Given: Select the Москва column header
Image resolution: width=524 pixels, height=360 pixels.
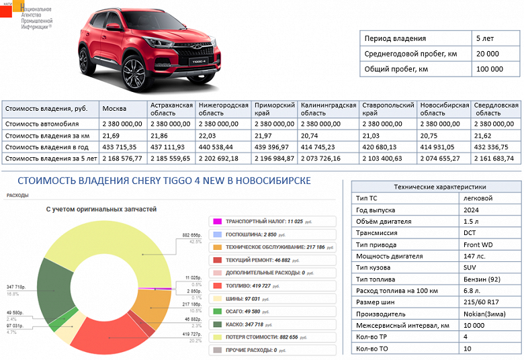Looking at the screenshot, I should tap(114, 109).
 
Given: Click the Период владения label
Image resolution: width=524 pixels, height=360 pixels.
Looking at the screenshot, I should tap(395, 38).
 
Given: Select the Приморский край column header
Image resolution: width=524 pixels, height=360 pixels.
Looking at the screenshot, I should tap(273, 109).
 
